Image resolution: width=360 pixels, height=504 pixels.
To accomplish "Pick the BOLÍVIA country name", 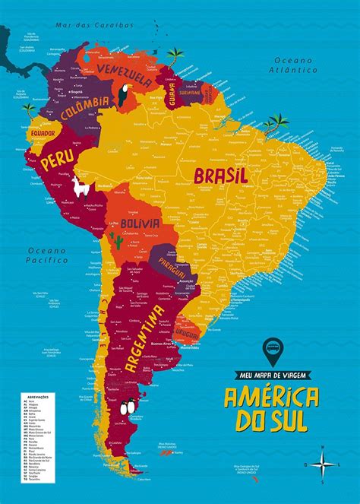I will (x=140, y=223).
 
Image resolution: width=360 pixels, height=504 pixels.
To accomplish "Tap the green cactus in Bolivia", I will (x=118, y=241).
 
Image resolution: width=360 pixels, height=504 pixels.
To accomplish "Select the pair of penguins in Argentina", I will (x=126, y=407).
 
